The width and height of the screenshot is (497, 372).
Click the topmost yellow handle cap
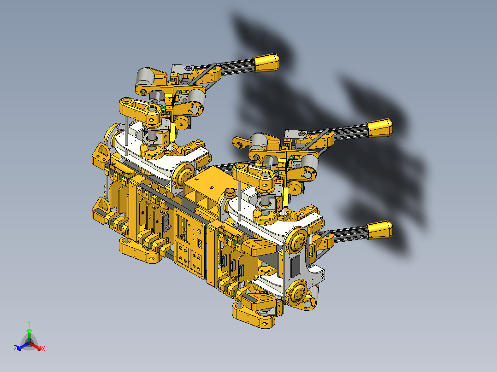267,62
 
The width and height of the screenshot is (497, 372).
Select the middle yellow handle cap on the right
380,128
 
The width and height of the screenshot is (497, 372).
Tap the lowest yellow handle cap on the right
380,229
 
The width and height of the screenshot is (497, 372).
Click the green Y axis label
29,324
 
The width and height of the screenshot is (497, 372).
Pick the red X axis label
43,349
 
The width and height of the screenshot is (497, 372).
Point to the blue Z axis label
15,349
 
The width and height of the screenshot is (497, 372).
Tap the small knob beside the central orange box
229,192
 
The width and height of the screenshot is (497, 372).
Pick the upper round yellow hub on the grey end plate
297,241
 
